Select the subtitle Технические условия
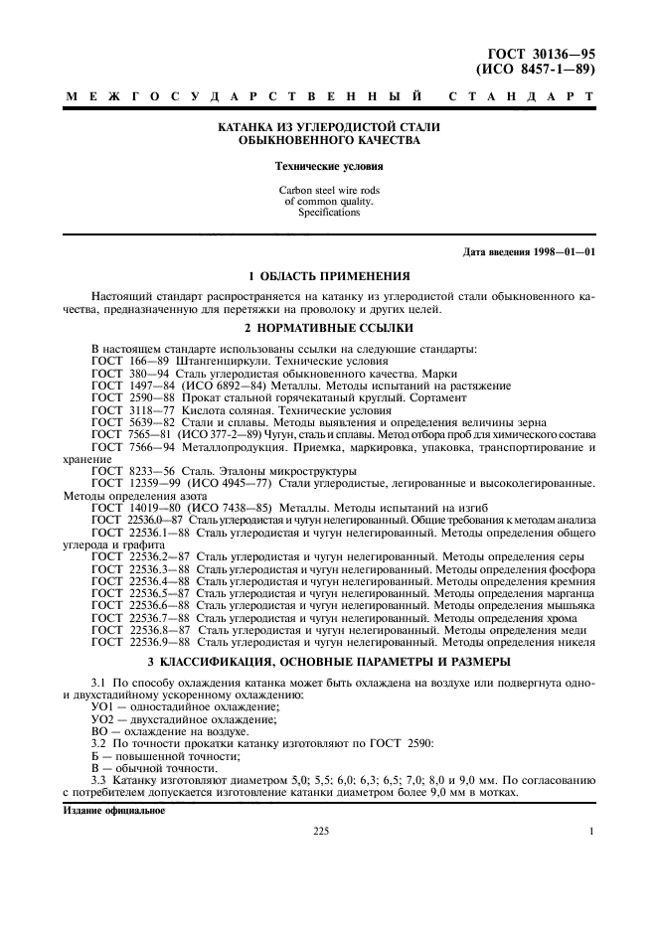click(x=329, y=168)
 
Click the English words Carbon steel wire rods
click(x=329, y=190)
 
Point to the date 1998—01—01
click(x=563, y=252)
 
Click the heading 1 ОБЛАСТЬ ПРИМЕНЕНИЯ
click(x=329, y=276)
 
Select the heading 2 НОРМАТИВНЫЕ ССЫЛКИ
click(x=329, y=327)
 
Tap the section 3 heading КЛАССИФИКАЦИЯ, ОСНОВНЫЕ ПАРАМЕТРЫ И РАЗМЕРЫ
click(x=329, y=661)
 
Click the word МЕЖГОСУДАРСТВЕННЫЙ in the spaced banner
click(x=245, y=98)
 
